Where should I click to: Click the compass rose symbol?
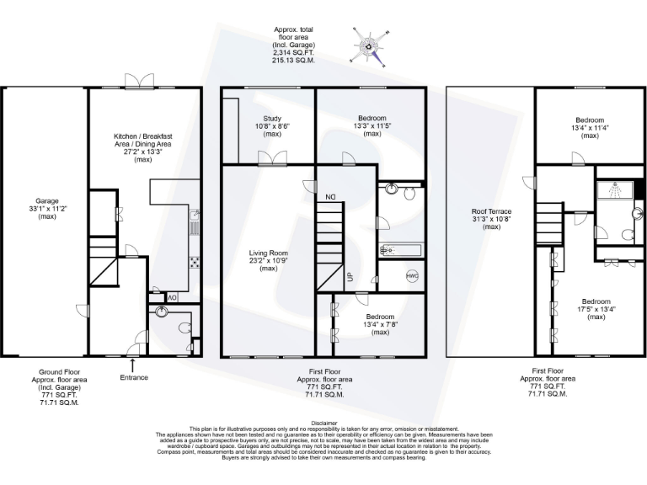click(x=367, y=45)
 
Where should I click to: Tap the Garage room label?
click(x=47, y=209)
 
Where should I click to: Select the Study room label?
click(x=272, y=125)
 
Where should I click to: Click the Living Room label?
click(x=268, y=260)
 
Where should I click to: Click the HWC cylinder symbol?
click(x=411, y=275)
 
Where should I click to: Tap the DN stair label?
click(x=331, y=198)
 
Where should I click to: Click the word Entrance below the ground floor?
click(x=133, y=377)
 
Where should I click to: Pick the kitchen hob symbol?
click(x=194, y=262)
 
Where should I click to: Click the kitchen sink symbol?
click(x=195, y=226)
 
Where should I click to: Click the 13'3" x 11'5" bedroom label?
click(x=372, y=125)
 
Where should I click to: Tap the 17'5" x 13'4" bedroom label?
click(x=596, y=308)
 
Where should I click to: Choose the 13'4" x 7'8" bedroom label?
click(x=380, y=324)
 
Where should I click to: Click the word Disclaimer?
click(x=323, y=424)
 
